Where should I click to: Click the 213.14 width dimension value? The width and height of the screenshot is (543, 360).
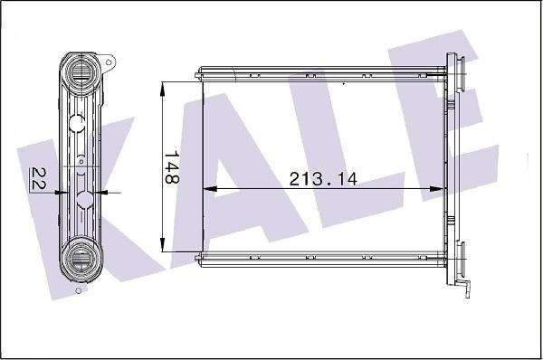click(323, 178)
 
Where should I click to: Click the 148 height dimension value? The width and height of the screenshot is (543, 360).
click(171, 166)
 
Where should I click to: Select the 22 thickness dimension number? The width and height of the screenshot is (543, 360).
click(38, 178)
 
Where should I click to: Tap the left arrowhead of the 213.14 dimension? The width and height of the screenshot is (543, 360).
click(209, 189)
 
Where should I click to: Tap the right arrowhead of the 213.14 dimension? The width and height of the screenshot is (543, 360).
click(437, 189)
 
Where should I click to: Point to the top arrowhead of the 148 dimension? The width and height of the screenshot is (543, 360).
click(162, 90)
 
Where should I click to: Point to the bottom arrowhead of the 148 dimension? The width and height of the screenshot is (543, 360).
click(162, 244)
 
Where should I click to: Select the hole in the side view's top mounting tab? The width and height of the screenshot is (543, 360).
click(109, 62)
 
